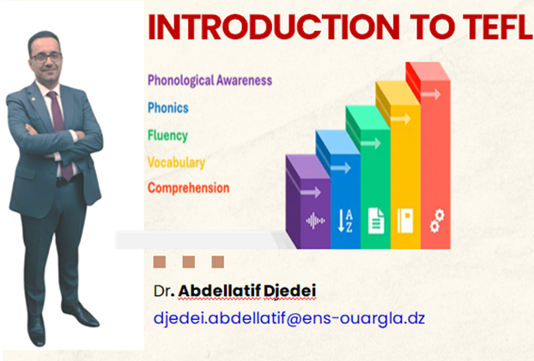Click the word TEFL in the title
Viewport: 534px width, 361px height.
tap(498, 27)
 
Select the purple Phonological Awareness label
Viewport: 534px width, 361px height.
tap(209, 81)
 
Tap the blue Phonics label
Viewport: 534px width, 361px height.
tap(168, 108)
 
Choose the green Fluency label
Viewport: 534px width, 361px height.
tap(167, 135)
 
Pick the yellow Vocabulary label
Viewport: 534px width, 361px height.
tap(176, 163)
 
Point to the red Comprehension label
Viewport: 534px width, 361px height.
tap(188, 188)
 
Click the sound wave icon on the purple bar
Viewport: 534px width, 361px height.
tap(315, 221)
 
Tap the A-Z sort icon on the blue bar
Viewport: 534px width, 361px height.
tap(345, 221)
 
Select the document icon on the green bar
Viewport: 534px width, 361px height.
tap(376, 221)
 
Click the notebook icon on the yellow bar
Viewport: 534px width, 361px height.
tap(405, 221)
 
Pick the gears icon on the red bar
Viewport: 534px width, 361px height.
tap(437, 221)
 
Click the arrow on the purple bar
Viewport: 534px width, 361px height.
tap(311, 193)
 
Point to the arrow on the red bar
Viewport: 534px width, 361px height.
tap(431, 94)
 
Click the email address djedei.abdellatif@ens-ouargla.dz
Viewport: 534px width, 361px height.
tap(289, 318)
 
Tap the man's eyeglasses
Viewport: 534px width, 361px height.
tap(46, 57)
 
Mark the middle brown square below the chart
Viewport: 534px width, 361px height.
tap(189, 262)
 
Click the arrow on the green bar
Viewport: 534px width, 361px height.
tap(371, 143)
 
